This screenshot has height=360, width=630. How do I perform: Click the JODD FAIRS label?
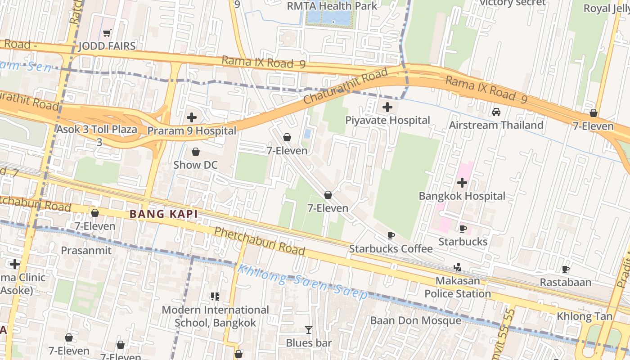(107, 46)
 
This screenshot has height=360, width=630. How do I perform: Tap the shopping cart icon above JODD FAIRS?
(107, 33)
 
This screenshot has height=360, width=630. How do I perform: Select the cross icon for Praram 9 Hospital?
(192, 118)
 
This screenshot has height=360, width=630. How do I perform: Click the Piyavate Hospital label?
(387, 120)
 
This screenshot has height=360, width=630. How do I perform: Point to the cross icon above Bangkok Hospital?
(462, 183)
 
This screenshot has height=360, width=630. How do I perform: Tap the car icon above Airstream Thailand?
(496, 112)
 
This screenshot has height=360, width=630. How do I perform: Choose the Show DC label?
(195, 165)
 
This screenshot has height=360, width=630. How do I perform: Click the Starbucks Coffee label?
(391, 249)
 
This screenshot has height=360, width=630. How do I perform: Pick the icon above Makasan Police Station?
(457, 268)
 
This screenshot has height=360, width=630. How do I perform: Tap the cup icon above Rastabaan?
(566, 270)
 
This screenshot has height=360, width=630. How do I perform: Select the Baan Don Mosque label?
(415, 320)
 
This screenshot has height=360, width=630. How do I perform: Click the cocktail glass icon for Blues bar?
(308, 330)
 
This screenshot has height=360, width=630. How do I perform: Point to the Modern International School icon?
(215, 297)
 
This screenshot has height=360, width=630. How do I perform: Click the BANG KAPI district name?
(164, 214)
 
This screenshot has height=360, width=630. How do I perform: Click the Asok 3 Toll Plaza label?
(97, 130)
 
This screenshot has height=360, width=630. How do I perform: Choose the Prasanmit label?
(86, 250)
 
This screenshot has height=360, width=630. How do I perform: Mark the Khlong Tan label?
(585, 316)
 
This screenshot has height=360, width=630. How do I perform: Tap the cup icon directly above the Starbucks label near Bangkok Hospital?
(462, 229)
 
